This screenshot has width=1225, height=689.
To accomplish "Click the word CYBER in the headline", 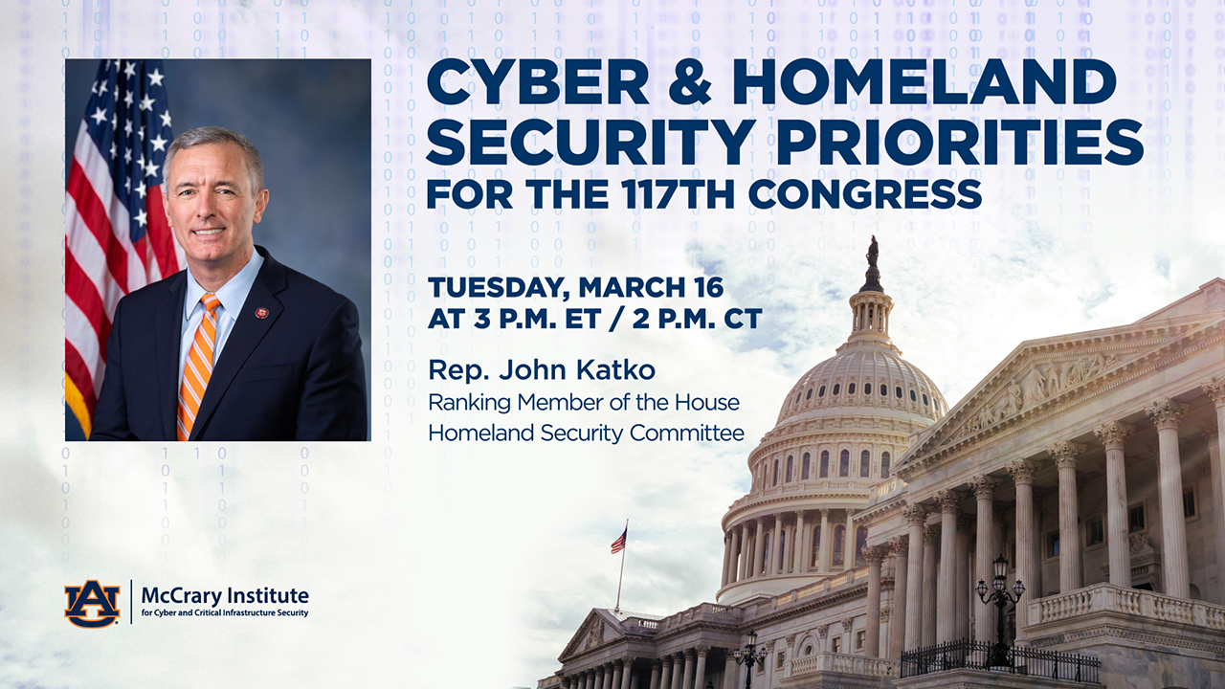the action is pos(538,82).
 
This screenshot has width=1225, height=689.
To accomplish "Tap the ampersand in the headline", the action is pos(690,82).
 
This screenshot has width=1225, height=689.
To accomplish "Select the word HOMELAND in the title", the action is pos(924,82).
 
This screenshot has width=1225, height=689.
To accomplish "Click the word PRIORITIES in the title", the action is pos(960,142).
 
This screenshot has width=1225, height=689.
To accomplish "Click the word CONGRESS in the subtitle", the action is pos(864,193).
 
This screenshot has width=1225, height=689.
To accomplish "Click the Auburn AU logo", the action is pos(92,603).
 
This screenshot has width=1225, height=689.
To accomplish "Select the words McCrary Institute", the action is pos(225,595).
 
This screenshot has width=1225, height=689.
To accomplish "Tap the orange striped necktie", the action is pos(197,367).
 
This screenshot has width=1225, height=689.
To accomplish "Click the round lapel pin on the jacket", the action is pos(261,312).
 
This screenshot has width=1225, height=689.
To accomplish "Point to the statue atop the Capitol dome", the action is pos(872,253).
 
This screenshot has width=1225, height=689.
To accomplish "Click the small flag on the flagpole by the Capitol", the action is pos(619,541).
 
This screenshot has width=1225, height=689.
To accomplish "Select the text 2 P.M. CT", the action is pos(697,319).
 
